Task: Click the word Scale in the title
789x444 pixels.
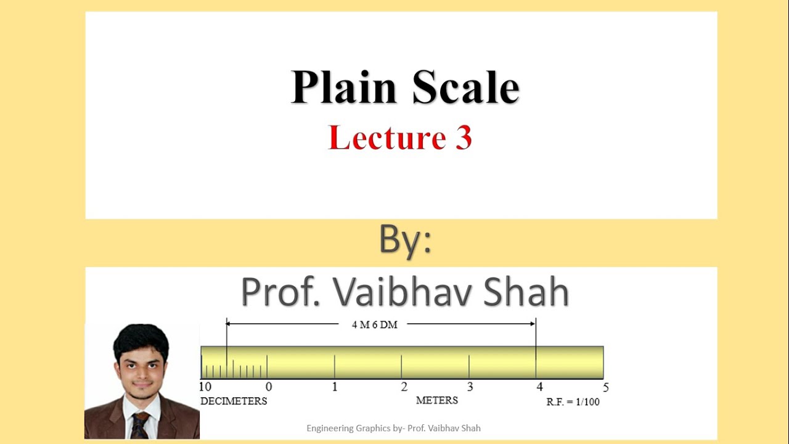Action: click(466, 88)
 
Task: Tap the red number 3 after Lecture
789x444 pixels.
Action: click(464, 138)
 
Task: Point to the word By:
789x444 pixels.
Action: click(405, 241)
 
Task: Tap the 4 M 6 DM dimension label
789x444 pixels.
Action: click(375, 325)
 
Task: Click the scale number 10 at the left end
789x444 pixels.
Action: click(205, 387)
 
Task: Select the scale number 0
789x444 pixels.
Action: click(269, 387)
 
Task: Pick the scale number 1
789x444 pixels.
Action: click(335, 387)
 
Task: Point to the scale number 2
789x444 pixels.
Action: click(404, 387)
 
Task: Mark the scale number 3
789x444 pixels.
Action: click(470, 387)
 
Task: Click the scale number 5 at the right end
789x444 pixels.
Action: click(606, 388)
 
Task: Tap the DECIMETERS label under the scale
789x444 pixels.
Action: click(234, 401)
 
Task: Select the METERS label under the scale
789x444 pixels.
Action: click(437, 401)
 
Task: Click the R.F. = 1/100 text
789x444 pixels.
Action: click(573, 402)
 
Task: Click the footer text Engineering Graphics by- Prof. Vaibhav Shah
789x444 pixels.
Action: click(393, 428)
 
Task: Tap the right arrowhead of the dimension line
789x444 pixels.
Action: click(532, 323)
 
